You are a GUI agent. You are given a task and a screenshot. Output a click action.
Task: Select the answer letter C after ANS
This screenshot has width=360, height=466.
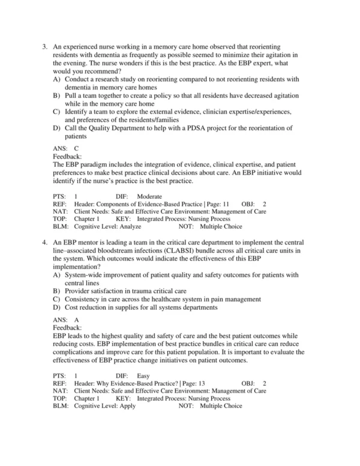click(x=76, y=147)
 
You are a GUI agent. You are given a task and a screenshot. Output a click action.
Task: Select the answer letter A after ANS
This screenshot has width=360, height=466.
click(x=76, y=319)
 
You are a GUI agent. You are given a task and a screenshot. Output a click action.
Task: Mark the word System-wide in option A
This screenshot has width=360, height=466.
click(x=85, y=274)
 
